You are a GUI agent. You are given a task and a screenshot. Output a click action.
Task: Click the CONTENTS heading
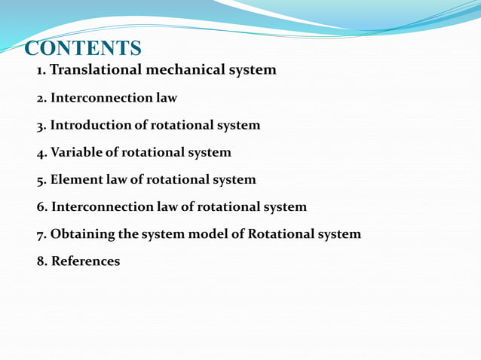(83, 49)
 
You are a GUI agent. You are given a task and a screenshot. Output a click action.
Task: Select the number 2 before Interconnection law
(41, 98)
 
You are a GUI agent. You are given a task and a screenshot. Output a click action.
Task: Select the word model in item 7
(205, 233)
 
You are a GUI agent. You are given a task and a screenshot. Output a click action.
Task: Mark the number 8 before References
(41, 261)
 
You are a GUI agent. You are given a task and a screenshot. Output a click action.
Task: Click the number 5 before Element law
(41, 179)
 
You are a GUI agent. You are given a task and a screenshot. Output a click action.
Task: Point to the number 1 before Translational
(41, 70)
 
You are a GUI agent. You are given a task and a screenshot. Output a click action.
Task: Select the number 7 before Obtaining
(41, 233)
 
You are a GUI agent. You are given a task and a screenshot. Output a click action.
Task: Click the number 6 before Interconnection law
(41, 206)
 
